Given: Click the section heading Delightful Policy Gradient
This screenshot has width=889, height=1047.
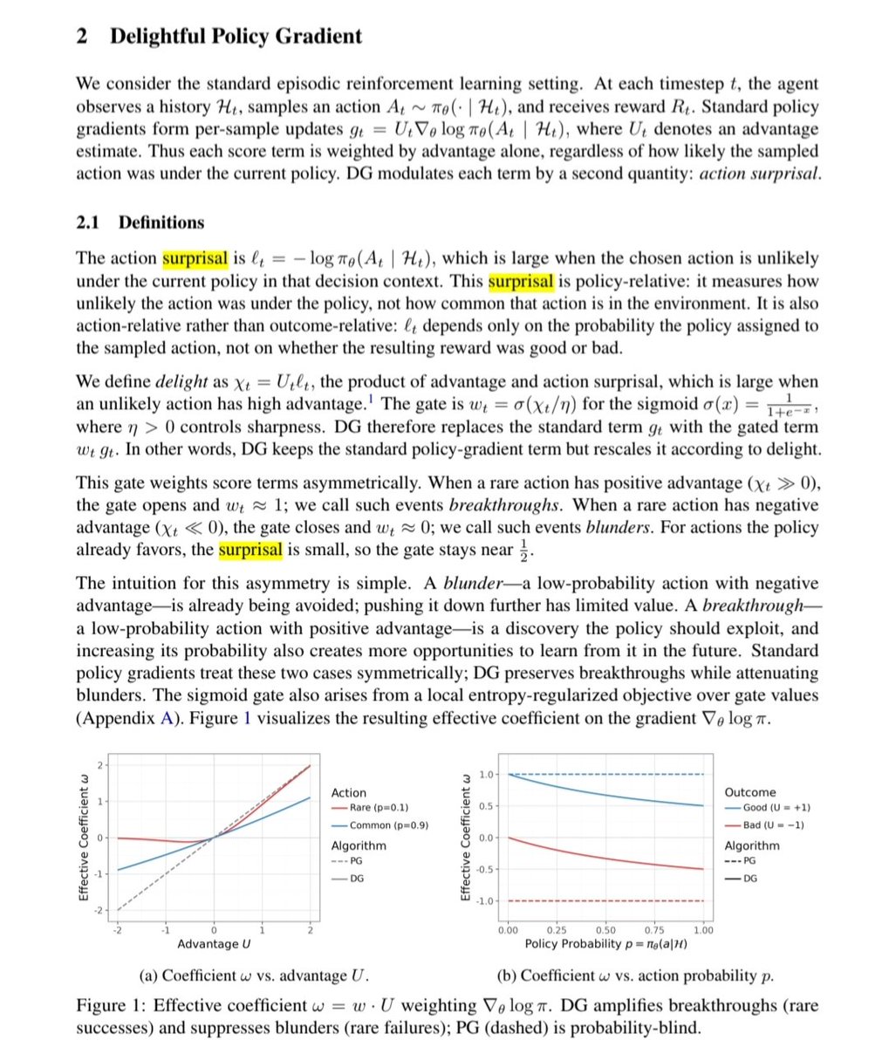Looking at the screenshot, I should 236,37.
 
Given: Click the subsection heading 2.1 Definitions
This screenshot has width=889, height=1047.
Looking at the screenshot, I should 140,222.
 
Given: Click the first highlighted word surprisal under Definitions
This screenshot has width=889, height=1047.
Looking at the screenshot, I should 195,258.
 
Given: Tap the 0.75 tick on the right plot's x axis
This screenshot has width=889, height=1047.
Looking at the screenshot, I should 653,930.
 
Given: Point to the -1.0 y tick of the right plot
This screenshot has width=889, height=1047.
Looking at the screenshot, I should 485,900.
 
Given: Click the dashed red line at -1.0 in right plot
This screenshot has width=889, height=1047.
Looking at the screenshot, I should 602,900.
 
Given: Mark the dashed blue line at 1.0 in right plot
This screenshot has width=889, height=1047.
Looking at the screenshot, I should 602,774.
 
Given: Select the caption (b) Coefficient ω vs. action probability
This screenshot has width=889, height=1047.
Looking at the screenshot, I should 635,975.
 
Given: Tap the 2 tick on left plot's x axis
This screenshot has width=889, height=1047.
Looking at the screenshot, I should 310,930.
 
